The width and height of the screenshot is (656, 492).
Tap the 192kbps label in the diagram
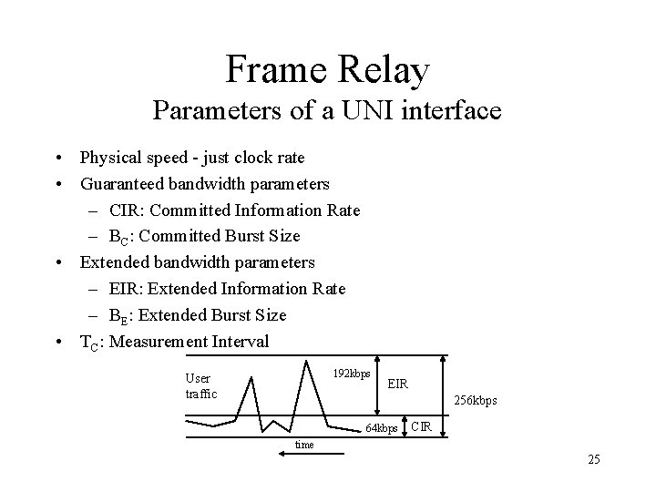tap(351, 374)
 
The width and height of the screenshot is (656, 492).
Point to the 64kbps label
tap(382, 427)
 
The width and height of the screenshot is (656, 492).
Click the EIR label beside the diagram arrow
tap(398, 384)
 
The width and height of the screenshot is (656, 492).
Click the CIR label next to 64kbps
tap(422, 425)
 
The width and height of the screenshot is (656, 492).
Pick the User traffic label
tap(200, 385)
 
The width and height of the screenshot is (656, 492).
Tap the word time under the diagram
tap(303, 445)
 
